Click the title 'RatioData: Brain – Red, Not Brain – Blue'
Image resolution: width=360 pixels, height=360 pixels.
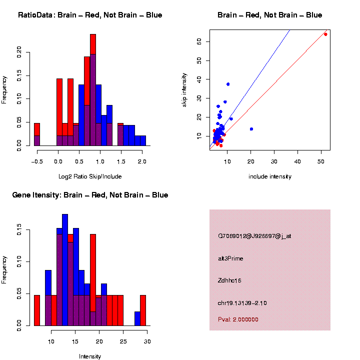90,15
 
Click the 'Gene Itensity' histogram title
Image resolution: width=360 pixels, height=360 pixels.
90,195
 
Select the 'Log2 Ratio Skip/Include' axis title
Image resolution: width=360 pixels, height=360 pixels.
90,176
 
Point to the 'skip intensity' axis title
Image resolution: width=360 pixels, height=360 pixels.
184,89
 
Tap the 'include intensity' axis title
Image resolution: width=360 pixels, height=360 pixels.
270,176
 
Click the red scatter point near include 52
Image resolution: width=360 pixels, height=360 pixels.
325,34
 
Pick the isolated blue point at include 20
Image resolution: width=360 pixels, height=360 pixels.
251,129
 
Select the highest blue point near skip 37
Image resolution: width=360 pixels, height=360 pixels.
228,84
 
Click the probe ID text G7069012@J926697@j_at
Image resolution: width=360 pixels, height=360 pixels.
254,236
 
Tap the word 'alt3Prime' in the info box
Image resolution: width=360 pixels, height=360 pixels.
230,258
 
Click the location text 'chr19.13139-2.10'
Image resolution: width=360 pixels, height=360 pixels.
242,303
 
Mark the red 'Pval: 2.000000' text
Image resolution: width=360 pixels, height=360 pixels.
238,319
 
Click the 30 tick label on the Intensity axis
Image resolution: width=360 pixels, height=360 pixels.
147,341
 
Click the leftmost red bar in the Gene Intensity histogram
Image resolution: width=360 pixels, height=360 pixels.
36,310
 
